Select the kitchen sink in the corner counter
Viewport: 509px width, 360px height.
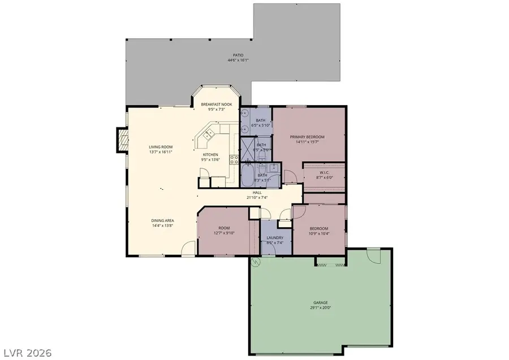tap(207, 135)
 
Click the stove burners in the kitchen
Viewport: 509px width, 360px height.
tap(233, 159)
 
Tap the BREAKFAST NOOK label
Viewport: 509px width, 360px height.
tap(217, 105)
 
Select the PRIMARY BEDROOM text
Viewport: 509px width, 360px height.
tap(307, 137)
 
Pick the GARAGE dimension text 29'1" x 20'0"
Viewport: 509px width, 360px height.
tap(320, 308)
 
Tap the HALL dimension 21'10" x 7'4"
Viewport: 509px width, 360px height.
tap(257, 198)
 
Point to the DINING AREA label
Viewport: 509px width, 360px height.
tap(162, 220)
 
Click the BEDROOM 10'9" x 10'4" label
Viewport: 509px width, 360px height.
tap(319, 228)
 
